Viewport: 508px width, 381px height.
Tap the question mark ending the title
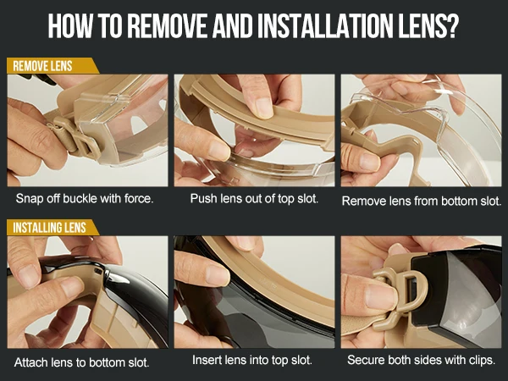tap(452, 25)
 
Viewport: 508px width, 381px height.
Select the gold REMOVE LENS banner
tap(52, 66)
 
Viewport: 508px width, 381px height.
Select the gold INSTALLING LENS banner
tap(52, 227)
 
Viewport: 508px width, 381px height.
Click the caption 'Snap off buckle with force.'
tap(85, 198)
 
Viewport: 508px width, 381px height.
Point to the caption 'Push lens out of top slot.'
tap(254, 198)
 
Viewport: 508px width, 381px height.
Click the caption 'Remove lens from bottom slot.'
tap(422, 201)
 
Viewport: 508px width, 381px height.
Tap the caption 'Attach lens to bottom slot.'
tap(82, 362)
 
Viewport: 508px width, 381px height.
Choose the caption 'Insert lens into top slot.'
tap(252, 360)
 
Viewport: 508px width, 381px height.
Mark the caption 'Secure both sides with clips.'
tap(421, 360)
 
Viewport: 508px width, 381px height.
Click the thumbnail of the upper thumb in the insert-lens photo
tap(218, 275)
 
